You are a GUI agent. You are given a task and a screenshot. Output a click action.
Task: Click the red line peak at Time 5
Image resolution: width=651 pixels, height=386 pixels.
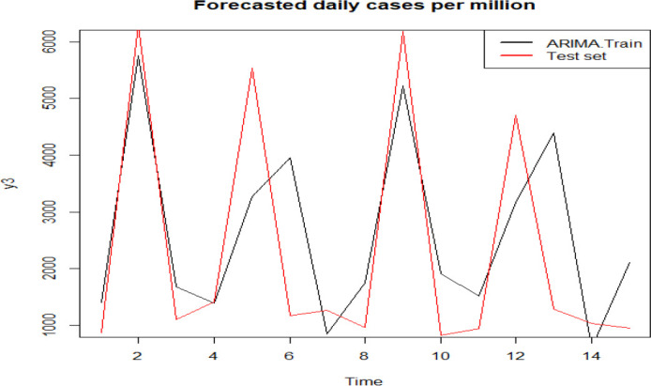(x=251, y=69)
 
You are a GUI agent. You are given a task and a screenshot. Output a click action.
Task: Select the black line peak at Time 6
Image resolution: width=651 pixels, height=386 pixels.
(x=290, y=158)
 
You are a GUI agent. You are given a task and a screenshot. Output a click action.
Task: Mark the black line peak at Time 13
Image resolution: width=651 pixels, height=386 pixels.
(x=553, y=132)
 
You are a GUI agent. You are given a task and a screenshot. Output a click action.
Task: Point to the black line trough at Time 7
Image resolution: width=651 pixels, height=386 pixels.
(x=327, y=333)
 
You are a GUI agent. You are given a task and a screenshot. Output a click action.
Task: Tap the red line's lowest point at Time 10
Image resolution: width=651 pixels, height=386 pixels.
(x=441, y=335)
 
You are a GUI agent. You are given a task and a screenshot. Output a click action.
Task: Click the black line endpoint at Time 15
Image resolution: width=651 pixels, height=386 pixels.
(x=628, y=263)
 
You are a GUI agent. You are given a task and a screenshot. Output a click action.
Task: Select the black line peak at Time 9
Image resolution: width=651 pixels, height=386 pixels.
(x=402, y=86)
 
